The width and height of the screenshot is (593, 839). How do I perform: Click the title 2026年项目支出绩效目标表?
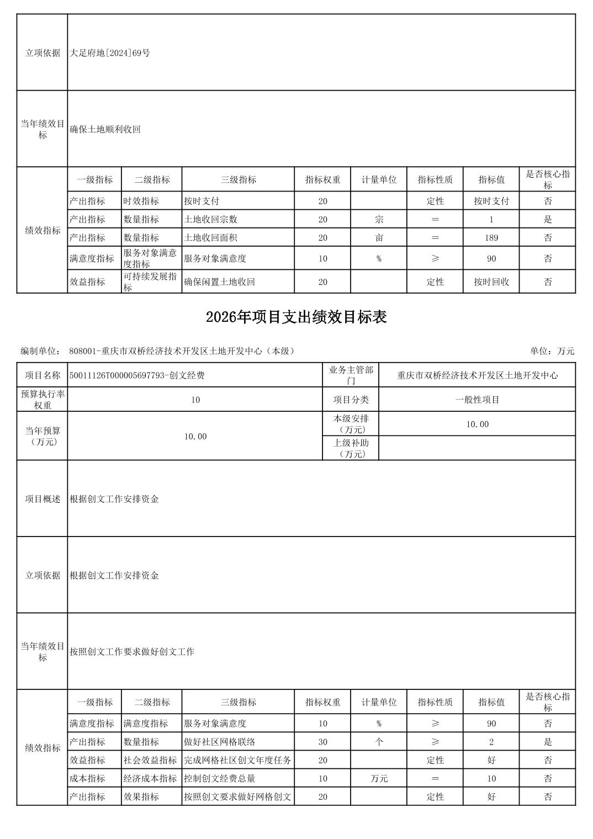tap(296, 317)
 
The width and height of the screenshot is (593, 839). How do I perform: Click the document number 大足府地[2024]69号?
tap(110, 53)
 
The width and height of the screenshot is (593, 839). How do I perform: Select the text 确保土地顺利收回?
tap(105, 129)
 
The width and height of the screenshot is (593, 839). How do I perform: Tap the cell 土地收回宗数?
tap(210, 219)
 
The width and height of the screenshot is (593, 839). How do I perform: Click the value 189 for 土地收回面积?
tap(491, 238)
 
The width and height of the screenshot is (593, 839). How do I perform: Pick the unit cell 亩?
tap(379, 238)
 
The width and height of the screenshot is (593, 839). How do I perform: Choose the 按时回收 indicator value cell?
tap(491, 282)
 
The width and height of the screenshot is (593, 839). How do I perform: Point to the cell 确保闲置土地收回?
tap(219, 282)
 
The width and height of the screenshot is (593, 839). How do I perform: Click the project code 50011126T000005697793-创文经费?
tap(137, 375)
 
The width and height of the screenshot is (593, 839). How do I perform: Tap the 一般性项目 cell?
tap(477, 400)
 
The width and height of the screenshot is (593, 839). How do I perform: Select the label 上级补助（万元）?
tap(351, 448)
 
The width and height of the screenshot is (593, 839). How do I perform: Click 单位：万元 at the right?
tap(552, 351)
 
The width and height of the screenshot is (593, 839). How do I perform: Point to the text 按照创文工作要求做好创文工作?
tap(132, 651)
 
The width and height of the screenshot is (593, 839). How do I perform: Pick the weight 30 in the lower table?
tap(322, 742)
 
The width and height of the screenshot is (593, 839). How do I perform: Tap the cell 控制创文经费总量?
tap(219, 778)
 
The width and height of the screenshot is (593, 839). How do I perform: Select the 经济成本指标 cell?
tap(150, 778)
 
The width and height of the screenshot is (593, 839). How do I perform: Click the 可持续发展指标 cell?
tap(150, 282)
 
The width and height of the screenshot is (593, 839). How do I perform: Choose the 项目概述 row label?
tap(43, 499)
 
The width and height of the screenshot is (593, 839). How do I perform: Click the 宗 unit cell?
tap(379, 219)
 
